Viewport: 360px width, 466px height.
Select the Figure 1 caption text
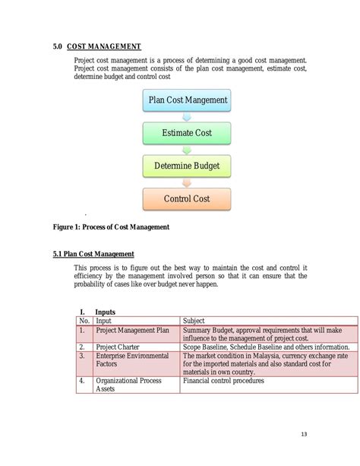111,227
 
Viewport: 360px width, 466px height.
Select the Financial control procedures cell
223,380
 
